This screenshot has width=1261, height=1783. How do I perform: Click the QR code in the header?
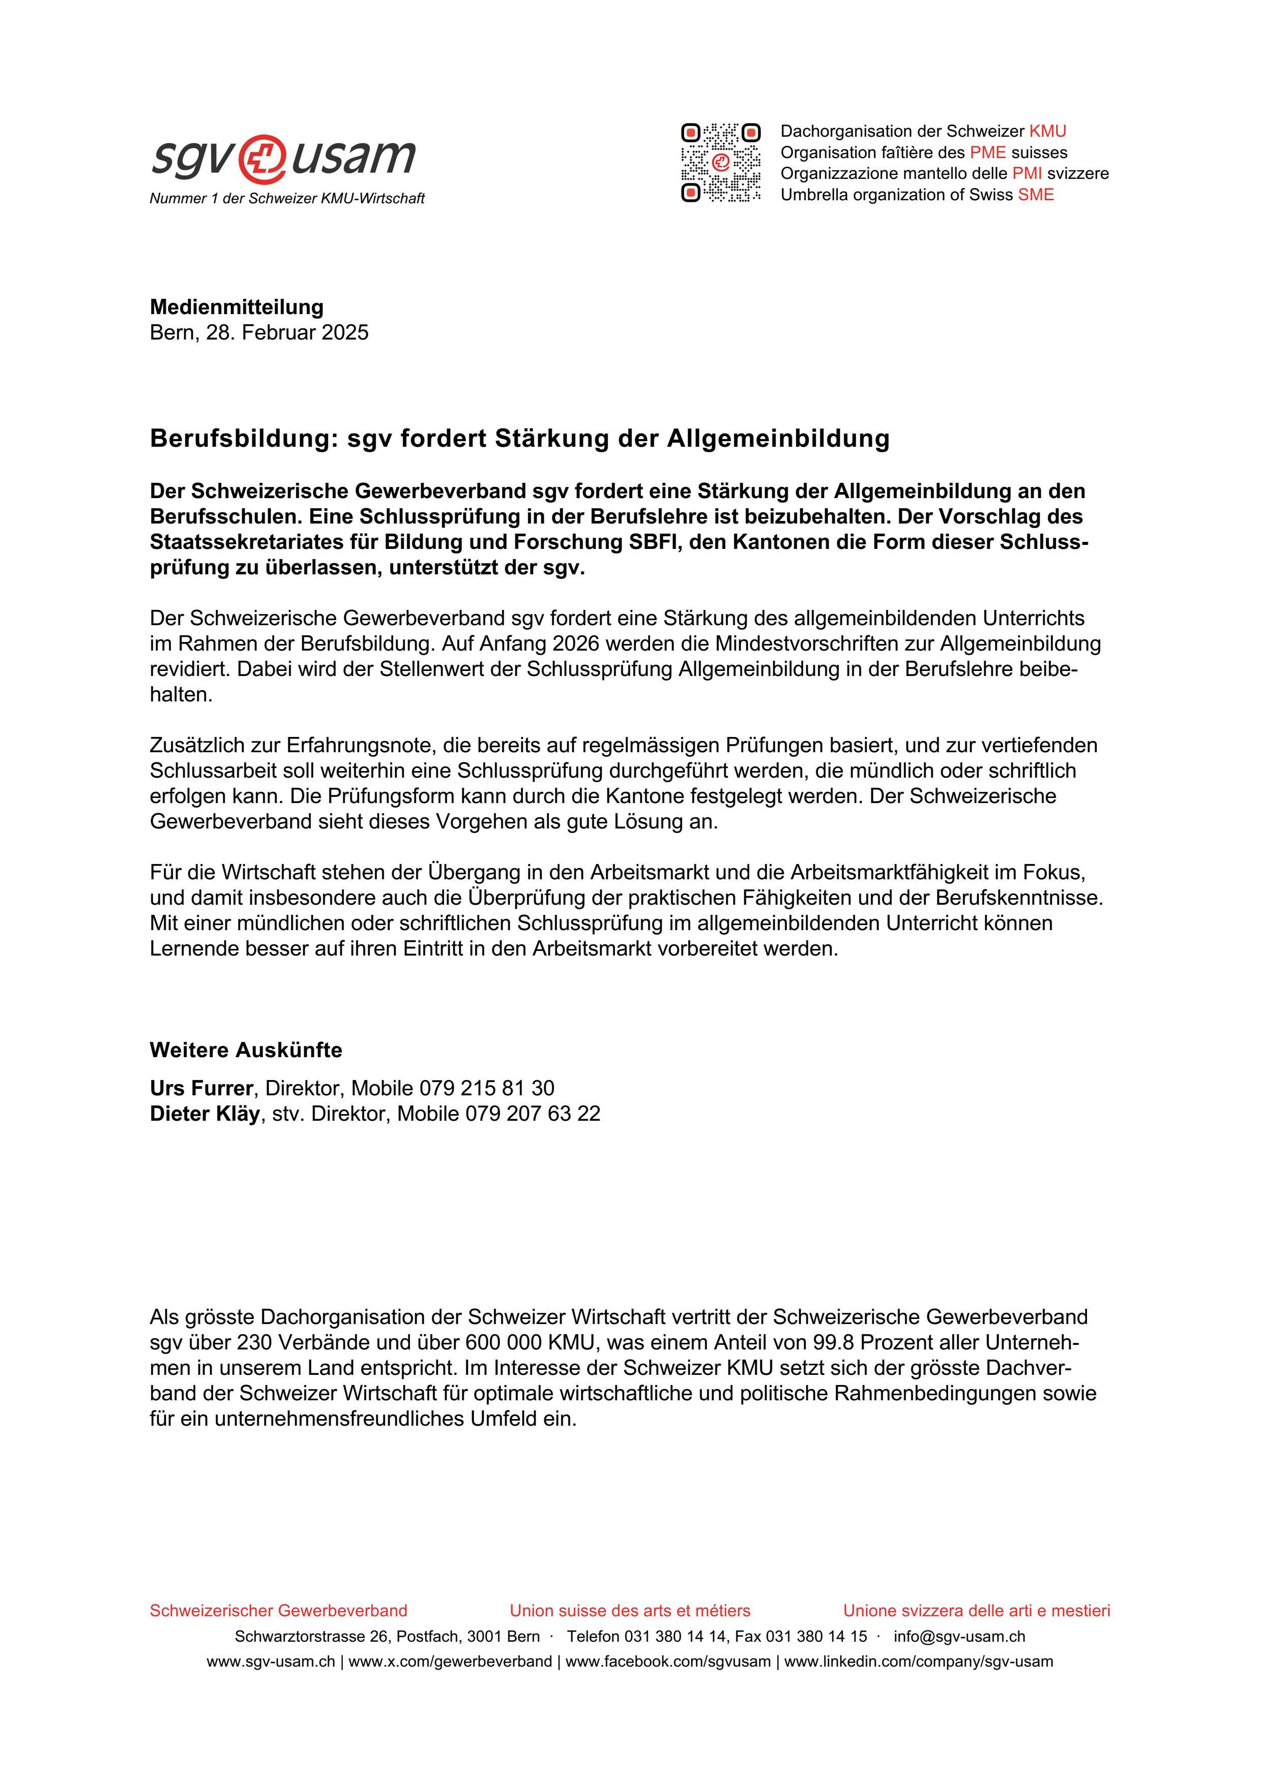click(x=720, y=163)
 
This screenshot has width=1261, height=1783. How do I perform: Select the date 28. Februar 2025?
click(x=287, y=332)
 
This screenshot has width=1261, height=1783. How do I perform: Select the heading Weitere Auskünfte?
click(x=246, y=1050)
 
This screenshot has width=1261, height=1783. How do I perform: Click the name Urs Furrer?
click(x=201, y=1088)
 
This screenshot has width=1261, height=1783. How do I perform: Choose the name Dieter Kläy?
click(x=204, y=1114)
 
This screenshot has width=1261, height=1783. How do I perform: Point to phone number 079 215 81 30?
click(x=486, y=1088)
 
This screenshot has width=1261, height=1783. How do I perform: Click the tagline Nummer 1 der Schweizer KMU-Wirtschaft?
click(x=287, y=199)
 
